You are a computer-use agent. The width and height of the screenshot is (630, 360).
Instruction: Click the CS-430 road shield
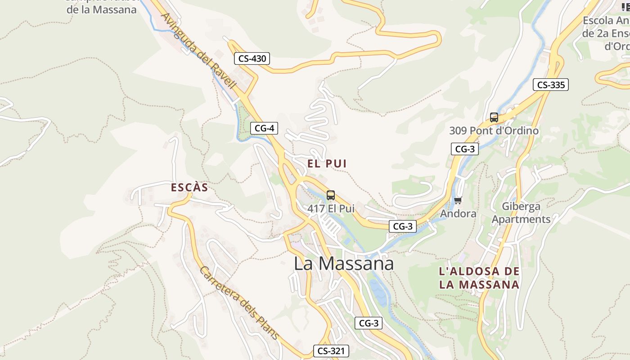coord(252,58)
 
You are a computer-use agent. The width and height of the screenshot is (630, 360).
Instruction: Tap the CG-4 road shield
coord(264,128)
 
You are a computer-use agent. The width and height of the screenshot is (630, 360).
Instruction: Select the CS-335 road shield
coord(551,85)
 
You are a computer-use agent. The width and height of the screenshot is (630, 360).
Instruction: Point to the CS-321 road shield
coord(331,351)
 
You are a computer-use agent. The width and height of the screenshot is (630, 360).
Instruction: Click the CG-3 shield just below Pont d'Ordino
coord(464,149)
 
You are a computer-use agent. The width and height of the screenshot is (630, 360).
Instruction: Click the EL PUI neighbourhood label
coord(327,164)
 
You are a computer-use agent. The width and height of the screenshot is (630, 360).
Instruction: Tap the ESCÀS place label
coord(189,188)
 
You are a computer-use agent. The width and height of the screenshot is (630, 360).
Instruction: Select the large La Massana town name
coord(344,264)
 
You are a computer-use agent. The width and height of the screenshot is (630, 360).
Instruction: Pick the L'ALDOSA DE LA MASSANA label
coord(479,278)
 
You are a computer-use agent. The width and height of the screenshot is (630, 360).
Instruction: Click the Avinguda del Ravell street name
coord(199,51)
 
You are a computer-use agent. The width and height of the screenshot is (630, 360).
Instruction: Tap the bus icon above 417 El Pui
coord(331,195)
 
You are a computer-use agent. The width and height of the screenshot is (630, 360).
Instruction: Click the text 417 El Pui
coord(331,209)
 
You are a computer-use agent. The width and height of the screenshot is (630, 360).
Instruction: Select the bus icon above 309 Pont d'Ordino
coord(494,117)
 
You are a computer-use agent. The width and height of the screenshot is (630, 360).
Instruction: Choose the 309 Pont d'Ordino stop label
coord(494,131)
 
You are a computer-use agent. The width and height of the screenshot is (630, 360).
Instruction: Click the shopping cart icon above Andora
coord(458,200)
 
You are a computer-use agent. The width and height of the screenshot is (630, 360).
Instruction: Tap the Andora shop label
coord(458,214)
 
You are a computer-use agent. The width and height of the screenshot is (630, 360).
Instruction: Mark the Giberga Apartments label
coord(521,213)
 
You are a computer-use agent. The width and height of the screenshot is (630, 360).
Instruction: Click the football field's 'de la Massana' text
coord(101,9)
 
